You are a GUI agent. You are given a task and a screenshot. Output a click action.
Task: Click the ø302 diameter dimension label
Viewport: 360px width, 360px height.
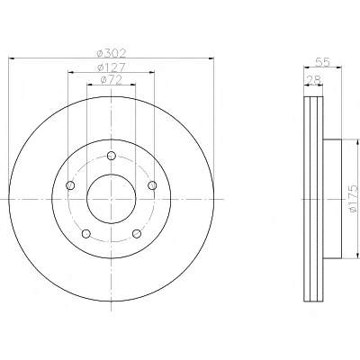[112, 53]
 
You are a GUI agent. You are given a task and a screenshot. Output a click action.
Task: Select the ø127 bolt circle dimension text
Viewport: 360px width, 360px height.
[112, 67]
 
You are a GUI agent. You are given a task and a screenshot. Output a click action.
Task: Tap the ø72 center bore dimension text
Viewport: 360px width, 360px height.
[112, 80]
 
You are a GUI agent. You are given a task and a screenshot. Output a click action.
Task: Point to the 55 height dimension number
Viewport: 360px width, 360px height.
[323, 62]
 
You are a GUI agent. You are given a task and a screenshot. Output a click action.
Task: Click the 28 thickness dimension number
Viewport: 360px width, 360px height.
[313, 80]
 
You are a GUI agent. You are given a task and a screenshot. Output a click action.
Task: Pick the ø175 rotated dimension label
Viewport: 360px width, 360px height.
[354, 199]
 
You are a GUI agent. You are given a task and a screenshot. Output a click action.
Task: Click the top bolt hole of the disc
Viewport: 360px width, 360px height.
[112, 156]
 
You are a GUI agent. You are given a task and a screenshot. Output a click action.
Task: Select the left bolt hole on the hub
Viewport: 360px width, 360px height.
[70, 185]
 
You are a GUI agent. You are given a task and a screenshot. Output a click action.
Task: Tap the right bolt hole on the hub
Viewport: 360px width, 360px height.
[152, 185]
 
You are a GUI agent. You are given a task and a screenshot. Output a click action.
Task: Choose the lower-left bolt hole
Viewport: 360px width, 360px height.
[86, 233]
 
